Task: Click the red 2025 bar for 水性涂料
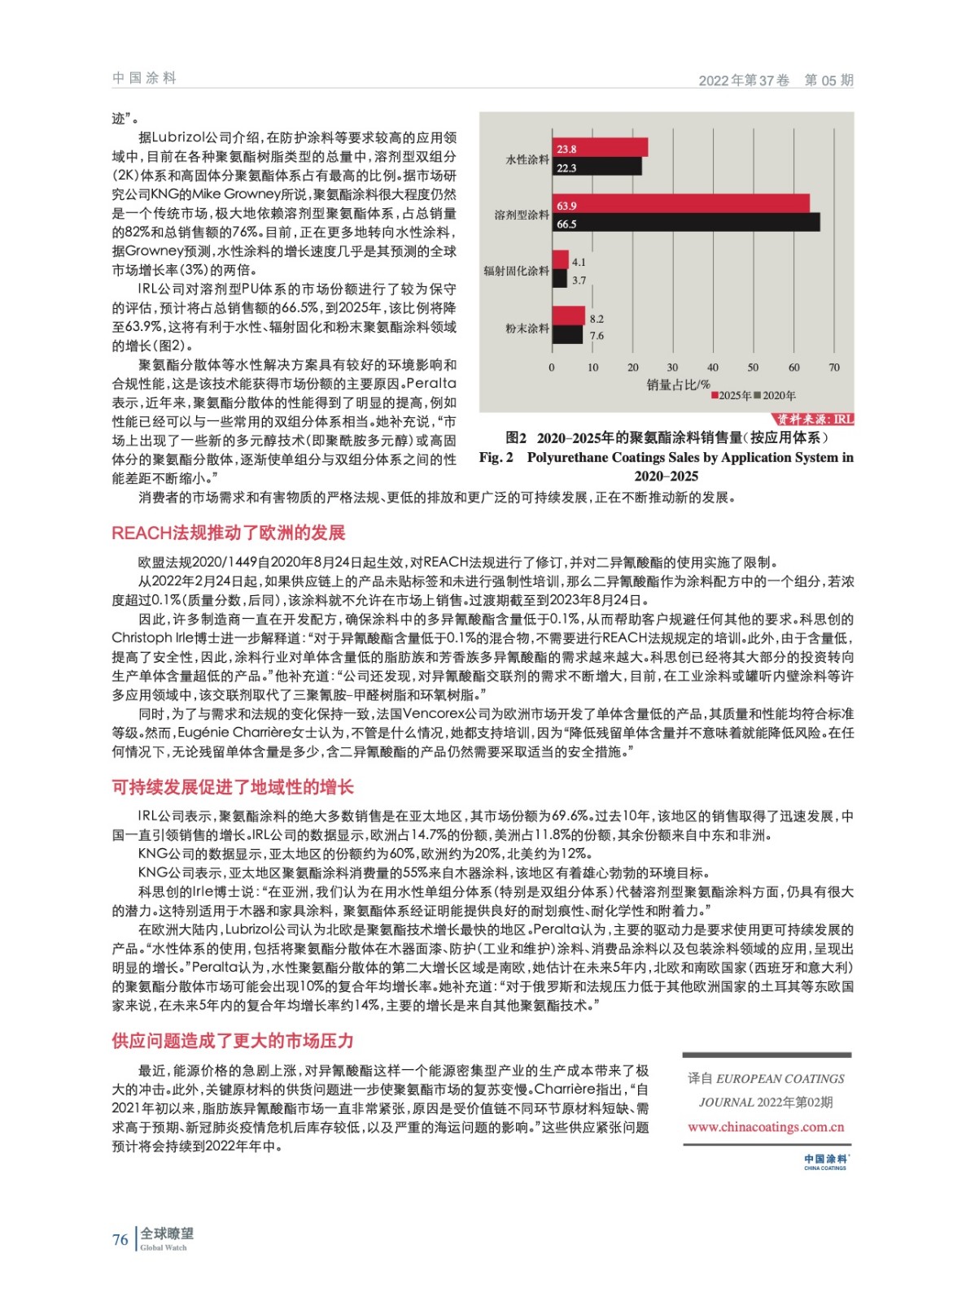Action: click(x=600, y=148)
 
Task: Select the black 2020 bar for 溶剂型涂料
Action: click(x=685, y=223)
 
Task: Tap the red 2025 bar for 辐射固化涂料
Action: click(x=560, y=260)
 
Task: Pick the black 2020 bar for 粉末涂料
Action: click(x=567, y=335)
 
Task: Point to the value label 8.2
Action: click(x=597, y=319)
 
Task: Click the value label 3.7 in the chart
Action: click(x=579, y=281)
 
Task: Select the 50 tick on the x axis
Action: click(x=753, y=368)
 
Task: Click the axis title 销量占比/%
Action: click(x=678, y=385)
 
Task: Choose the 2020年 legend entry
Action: click(x=776, y=396)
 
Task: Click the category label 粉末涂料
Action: click(x=527, y=329)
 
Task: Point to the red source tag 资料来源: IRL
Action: click(x=814, y=419)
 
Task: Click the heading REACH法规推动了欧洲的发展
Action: click(x=229, y=533)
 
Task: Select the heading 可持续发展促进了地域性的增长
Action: click(x=233, y=786)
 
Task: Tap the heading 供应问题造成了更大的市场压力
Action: click(x=233, y=1040)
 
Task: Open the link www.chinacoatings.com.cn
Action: click(x=766, y=1127)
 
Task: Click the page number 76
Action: click(x=120, y=1239)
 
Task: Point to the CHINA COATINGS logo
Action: click(x=825, y=1161)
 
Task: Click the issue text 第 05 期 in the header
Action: click(x=828, y=80)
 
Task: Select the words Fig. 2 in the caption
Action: click(x=496, y=457)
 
